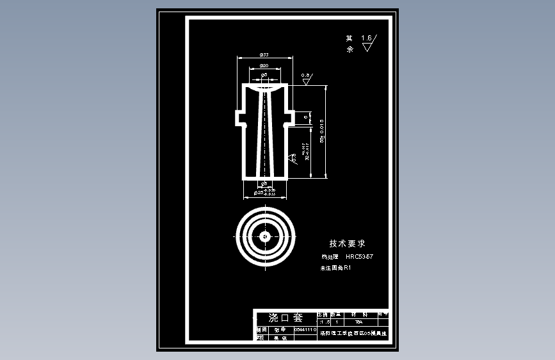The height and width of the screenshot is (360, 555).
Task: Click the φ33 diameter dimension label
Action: [264, 56]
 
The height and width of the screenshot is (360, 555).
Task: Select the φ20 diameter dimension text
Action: [264, 76]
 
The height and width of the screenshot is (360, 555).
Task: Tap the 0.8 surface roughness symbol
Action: [306, 78]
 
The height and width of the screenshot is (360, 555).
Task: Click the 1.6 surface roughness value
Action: [367, 38]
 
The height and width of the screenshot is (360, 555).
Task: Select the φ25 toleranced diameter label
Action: [265, 192]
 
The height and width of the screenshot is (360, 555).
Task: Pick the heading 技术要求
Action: [347, 243]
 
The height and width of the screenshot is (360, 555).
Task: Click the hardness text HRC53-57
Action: [359, 257]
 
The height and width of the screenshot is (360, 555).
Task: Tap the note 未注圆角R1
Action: [336, 268]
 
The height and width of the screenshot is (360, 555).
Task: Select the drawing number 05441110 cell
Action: [305, 329]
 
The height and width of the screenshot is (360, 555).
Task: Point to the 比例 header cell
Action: [322, 315]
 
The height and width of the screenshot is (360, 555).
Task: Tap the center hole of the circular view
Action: [265, 236]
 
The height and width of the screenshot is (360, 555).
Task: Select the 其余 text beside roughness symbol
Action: [350, 43]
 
